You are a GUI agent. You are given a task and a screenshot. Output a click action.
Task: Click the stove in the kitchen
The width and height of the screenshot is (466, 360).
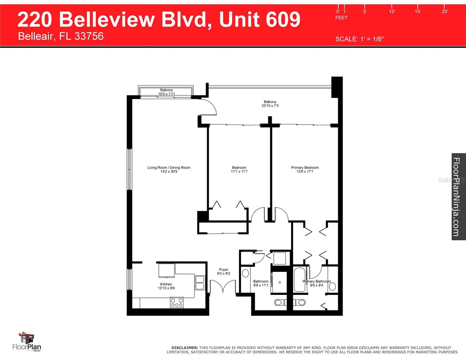click(x=177, y=302)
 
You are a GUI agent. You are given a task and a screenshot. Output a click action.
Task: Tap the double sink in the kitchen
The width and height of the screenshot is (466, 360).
click(x=200, y=283)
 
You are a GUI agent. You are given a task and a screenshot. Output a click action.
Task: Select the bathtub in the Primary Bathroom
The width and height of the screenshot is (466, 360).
click(x=299, y=280)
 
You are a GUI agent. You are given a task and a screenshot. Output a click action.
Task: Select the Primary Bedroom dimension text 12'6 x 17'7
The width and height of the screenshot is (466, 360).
click(x=305, y=172)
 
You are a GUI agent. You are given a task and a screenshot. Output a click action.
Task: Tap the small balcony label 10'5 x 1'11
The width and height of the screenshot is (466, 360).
click(x=166, y=94)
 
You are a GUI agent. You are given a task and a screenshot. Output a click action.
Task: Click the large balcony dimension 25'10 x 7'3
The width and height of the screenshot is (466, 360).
click(x=270, y=106)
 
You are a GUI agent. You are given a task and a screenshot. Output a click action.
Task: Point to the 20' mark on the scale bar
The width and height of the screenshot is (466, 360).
click(x=444, y=11)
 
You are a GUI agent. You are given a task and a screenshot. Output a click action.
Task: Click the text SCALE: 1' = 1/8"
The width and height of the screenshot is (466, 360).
click(x=359, y=39)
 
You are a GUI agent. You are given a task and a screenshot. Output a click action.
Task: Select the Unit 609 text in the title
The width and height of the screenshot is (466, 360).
click(x=260, y=19)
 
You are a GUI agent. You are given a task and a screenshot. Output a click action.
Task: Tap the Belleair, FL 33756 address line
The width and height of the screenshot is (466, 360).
click(x=61, y=36)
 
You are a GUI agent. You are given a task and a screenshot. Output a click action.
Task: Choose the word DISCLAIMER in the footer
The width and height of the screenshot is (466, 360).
click(x=185, y=348)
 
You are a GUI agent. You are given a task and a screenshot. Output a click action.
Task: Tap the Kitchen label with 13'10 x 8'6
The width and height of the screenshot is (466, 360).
click(x=166, y=286)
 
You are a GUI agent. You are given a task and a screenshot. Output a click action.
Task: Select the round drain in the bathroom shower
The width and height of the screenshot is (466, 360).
click(x=280, y=282)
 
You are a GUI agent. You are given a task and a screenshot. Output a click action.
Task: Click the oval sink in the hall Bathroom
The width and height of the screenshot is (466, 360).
click(x=245, y=273)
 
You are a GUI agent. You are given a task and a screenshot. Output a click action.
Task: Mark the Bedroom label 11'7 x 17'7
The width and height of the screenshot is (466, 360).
click(x=239, y=169)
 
